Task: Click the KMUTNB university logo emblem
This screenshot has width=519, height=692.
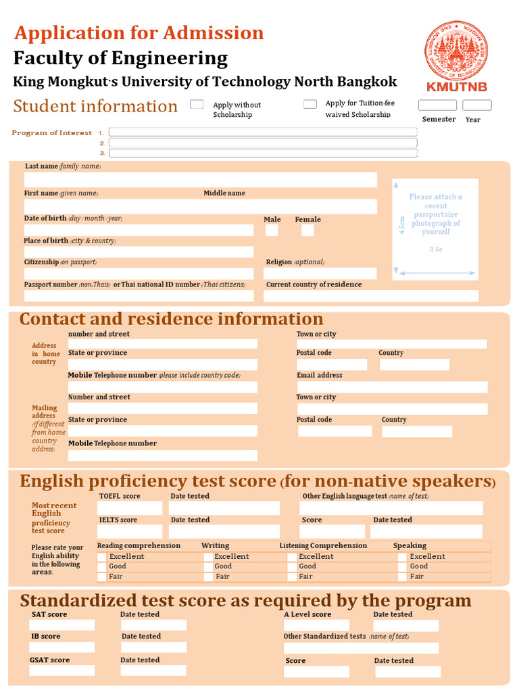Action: pos(456,51)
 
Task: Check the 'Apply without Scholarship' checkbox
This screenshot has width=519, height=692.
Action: pos(197,104)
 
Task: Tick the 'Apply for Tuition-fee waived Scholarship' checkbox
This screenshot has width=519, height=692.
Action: pos(310,104)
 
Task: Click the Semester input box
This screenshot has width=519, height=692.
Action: pos(437,105)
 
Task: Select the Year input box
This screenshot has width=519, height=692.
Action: pos(476,105)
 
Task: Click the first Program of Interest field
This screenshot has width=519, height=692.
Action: pos(263,132)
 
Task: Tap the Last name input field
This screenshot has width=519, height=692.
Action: pos(200,180)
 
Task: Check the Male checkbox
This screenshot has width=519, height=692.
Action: pos(272,230)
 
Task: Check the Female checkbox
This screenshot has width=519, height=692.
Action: pos(307,230)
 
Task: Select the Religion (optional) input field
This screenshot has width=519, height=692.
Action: pos(321,274)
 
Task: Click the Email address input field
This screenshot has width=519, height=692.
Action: pos(392,387)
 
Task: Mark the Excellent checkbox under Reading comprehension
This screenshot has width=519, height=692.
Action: pos(102,557)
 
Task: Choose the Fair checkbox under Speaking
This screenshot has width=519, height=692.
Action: pos(402,576)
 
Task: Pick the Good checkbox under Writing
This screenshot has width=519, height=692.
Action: pos(208,566)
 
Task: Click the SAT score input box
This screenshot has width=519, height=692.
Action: pos(61,625)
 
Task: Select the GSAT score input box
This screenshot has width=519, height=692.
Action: pos(61,670)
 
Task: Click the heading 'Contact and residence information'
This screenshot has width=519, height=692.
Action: pos(172,319)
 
